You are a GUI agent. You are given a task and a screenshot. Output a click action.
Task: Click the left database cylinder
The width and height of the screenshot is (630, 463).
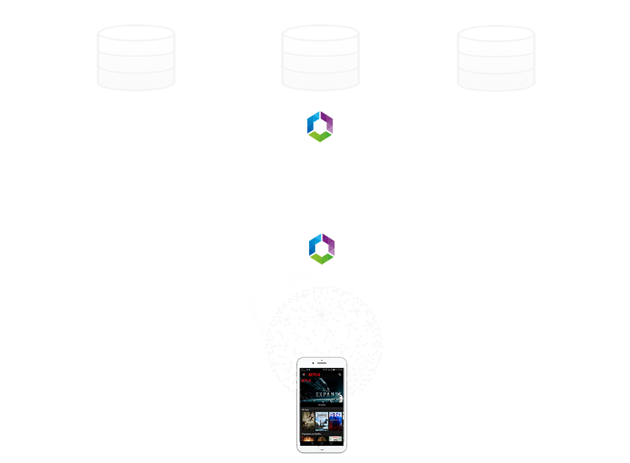click(x=136, y=58)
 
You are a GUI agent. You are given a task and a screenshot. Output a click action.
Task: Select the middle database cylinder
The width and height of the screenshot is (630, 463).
click(x=320, y=58)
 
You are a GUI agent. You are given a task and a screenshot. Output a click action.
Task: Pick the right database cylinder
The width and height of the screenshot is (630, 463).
click(x=496, y=58)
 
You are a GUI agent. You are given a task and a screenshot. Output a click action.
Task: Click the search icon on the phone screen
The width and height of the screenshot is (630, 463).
click(x=339, y=375)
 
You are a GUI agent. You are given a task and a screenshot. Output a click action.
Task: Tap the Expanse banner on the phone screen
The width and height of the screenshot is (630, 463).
click(x=321, y=392)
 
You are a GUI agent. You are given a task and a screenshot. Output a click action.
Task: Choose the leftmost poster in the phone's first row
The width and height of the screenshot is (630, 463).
click(x=307, y=421)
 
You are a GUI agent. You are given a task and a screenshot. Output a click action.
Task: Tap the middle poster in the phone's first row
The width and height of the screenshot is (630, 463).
click(x=321, y=421)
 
